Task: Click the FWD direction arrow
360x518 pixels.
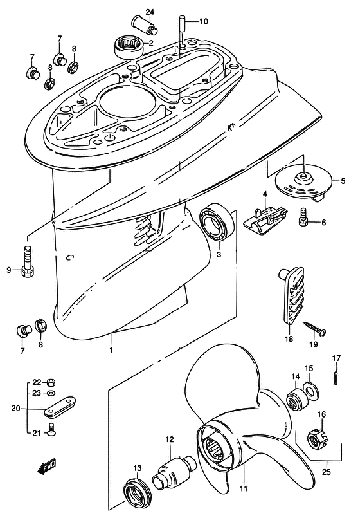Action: (46, 467)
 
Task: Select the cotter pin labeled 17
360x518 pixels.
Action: (336, 376)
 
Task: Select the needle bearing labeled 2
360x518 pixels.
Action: (129, 48)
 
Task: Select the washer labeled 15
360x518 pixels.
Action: (309, 389)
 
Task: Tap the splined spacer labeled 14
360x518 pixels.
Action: (296, 400)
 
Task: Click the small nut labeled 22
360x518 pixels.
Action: (51, 383)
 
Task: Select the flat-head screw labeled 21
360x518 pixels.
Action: (51, 429)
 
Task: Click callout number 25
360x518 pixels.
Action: (326, 472)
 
